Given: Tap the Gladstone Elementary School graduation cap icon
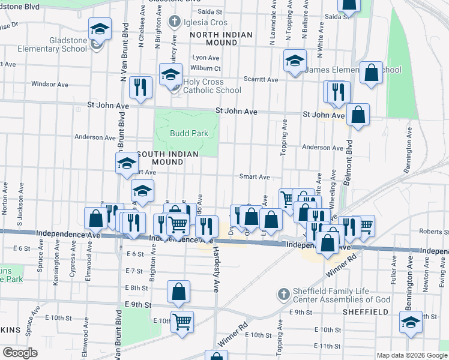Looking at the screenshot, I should click(x=99, y=28).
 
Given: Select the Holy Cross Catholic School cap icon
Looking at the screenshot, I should click(x=171, y=75).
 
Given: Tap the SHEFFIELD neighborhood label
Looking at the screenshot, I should click(x=366, y=313).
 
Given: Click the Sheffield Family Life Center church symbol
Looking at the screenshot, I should click(x=284, y=294).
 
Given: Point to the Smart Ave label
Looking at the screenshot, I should click(x=255, y=177).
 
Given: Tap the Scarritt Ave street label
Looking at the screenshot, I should click(x=261, y=79).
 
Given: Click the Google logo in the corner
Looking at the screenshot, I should click(x=19, y=353).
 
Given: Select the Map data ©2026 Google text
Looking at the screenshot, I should click(x=411, y=355).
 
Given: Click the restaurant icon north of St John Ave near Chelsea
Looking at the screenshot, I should click(x=140, y=88).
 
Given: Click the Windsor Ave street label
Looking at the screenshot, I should click(x=47, y=84).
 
